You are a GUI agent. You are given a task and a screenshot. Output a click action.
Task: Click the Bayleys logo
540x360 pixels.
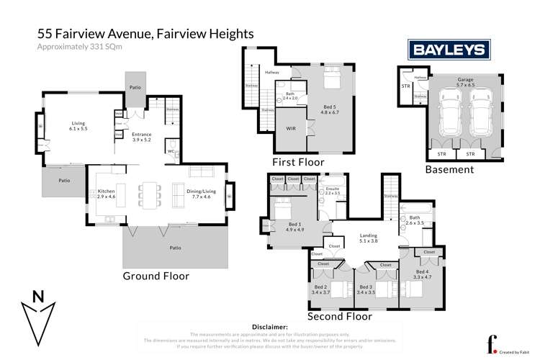click(449, 50)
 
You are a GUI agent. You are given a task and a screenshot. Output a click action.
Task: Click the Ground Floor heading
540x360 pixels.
click(156, 276)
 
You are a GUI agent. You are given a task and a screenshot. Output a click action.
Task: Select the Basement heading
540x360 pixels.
click(449, 170)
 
